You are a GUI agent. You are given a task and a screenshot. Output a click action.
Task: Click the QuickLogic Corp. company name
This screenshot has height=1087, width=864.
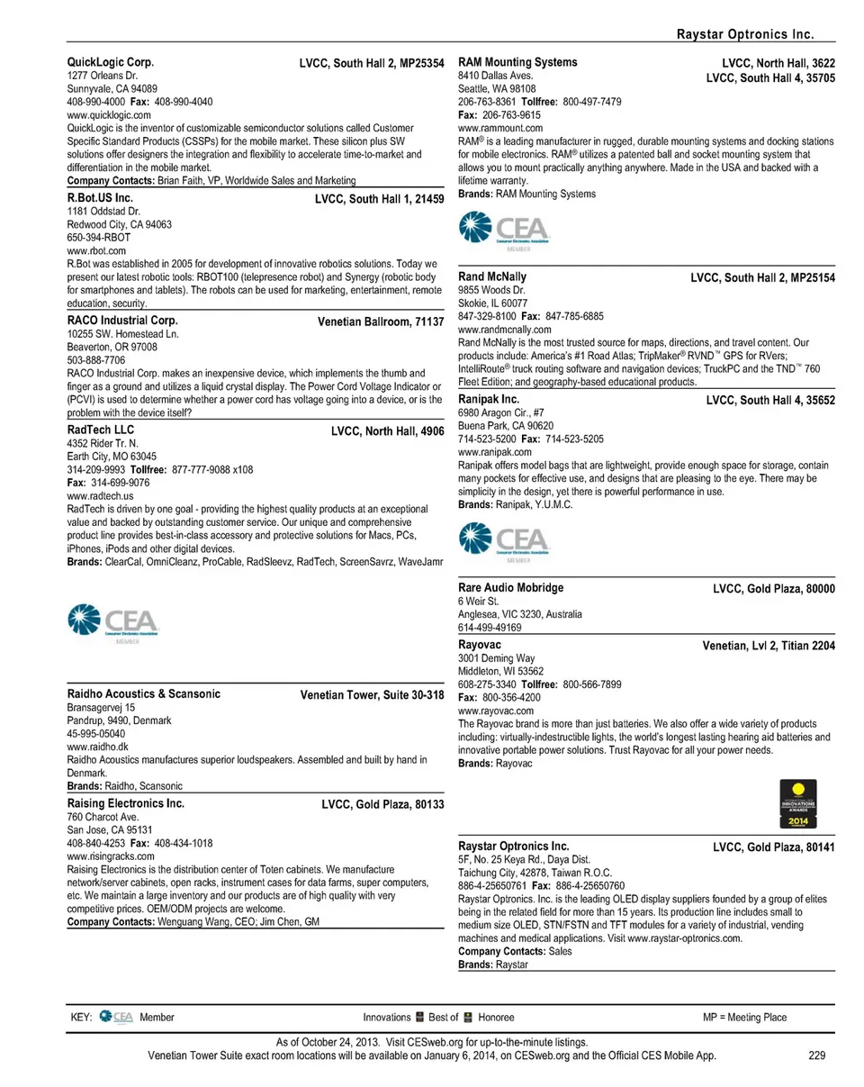(111, 63)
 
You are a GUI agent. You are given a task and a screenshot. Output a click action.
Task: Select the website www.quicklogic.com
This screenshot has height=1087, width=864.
(104, 115)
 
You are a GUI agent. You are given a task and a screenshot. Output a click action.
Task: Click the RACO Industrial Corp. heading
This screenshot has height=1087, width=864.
(122, 320)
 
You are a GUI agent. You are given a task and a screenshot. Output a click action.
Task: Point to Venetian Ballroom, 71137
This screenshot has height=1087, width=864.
(381, 322)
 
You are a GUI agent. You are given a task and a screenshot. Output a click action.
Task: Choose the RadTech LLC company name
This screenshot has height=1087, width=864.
(101, 430)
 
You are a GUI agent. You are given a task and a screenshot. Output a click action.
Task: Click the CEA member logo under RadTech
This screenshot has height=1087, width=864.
(113, 622)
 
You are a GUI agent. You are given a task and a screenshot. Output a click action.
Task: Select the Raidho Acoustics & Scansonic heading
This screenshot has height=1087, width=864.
(144, 694)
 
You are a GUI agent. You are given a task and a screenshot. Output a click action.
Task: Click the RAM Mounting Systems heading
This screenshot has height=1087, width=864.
(518, 62)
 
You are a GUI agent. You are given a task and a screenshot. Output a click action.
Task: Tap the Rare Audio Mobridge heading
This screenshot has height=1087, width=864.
(511, 587)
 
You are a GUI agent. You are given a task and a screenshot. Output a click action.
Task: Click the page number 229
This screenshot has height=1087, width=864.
(816, 1056)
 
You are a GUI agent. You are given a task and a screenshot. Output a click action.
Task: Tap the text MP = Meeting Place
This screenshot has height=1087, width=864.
(744, 1018)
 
